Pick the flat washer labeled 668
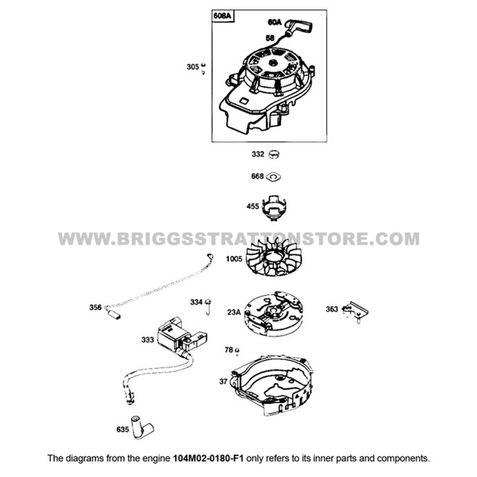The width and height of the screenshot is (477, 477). [275, 177]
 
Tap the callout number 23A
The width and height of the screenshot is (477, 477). [234, 312]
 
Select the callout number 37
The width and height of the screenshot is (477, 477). [223, 382]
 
